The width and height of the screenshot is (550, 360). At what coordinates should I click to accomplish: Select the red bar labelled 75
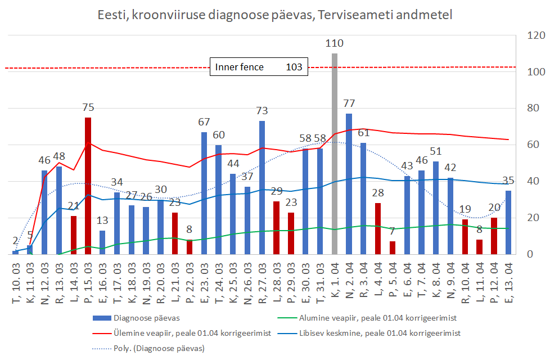pyautogui.click(x=88, y=186)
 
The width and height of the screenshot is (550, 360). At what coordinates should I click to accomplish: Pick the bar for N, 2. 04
pyautogui.click(x=349, y=183)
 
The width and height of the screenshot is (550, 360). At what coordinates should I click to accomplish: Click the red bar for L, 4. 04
pyautogui.click(x=378, y=228)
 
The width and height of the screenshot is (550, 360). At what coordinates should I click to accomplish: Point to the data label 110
pyautogui.click(x=335, y=43)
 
